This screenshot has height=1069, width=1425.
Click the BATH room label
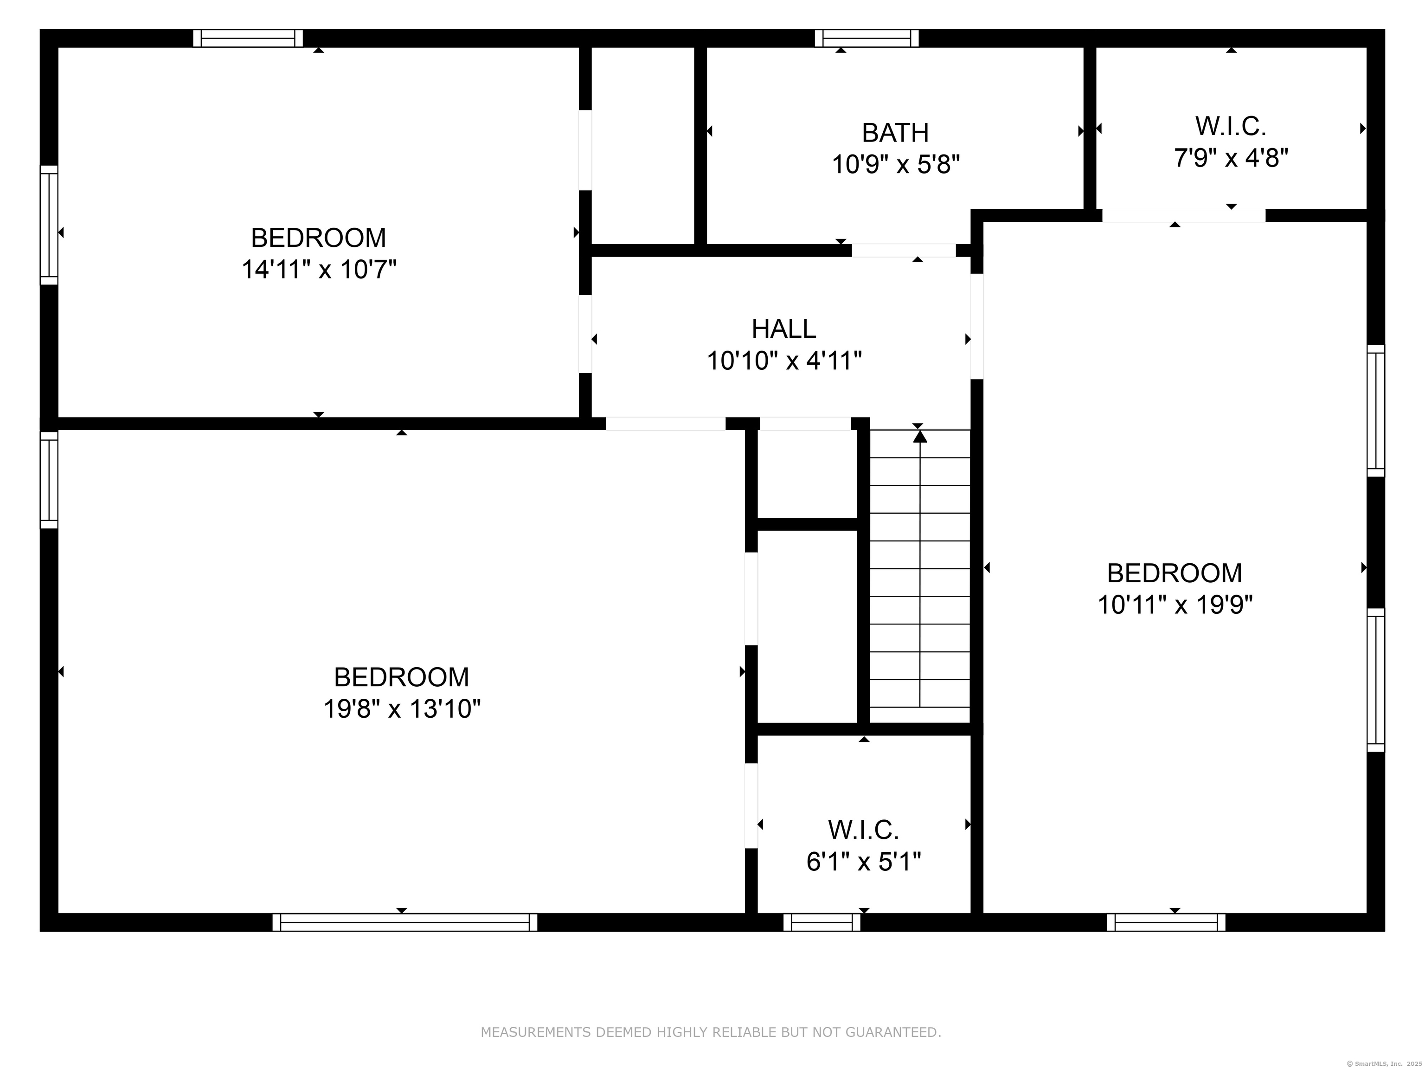coord(895,133)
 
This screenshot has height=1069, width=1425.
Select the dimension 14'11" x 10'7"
coord(318,270)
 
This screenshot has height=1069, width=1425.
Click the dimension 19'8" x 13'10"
coord(401,709)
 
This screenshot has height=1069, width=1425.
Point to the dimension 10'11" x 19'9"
coord(1175,605)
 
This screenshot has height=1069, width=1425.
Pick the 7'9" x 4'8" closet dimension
coord(1231,158)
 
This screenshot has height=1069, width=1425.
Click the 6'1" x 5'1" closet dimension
coord(863,862)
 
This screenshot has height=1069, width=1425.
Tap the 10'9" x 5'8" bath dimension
coord(895,165)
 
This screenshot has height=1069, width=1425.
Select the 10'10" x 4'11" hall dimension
coord(783,361)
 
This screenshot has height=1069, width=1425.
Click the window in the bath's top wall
coord(867,39)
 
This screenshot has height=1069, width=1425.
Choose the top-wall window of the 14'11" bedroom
coord(248,39)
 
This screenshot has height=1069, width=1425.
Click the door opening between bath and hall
coord(903,251)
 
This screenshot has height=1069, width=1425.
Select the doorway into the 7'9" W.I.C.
coord(1183,216)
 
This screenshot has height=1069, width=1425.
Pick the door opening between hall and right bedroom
coord(976,326)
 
